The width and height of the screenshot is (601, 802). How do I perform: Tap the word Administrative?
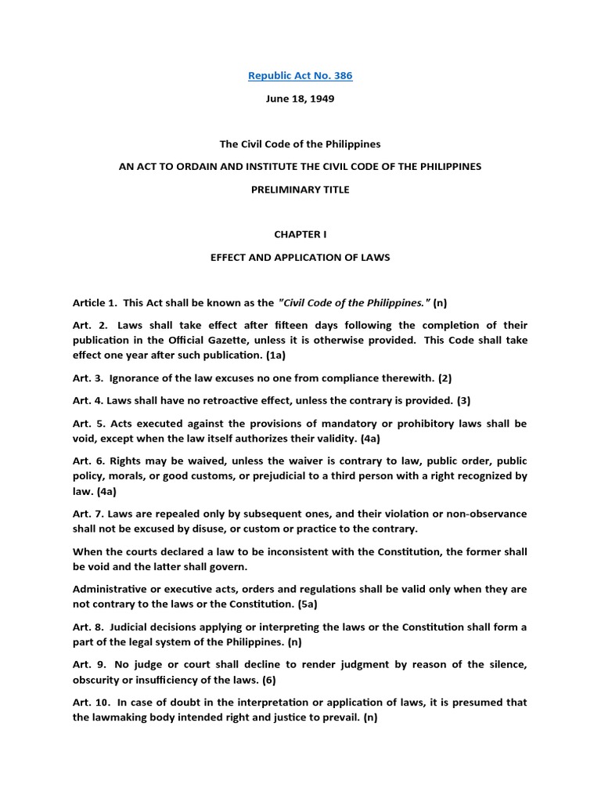point(113,588)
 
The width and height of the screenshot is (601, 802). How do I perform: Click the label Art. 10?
point(89,702)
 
